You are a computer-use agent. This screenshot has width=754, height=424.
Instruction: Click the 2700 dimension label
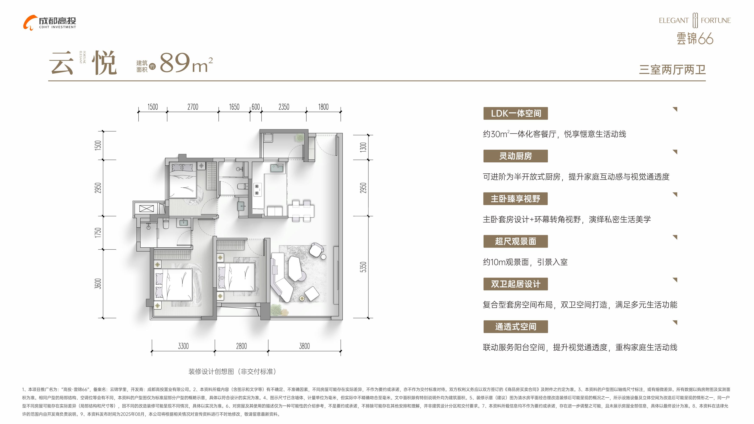coord(193,107)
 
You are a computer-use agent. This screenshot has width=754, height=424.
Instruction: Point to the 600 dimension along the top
coord(256,107)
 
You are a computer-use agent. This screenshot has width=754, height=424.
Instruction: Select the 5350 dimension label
coord(363,267)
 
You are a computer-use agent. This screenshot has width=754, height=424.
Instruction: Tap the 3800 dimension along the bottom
coord(304,346)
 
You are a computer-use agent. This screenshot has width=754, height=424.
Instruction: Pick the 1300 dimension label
coord(363,147)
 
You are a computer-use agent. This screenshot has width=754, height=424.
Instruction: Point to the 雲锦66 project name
coord(695,39)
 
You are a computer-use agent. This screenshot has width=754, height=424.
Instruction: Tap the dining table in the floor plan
coord(301,211)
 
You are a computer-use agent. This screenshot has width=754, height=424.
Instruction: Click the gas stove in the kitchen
coord(257,189)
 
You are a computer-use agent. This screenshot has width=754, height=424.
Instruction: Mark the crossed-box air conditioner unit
coord(146,209)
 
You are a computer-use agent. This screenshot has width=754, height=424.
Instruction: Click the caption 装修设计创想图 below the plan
coord(211,372)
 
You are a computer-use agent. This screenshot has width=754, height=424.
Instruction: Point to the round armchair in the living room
coord(316,250)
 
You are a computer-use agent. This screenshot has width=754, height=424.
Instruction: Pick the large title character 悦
coord(104,63)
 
